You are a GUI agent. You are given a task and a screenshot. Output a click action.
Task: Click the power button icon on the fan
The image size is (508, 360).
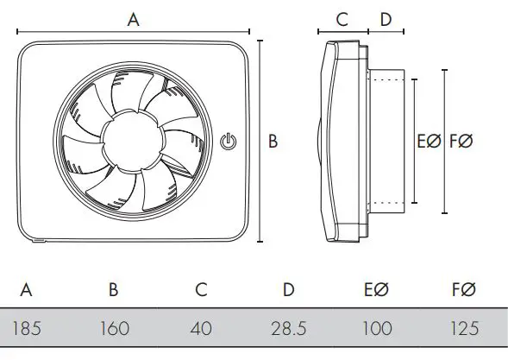pyautogui.click(x=229, y=140)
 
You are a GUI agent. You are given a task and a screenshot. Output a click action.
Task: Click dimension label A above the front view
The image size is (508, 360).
pyautogui.click(x=134, y=20)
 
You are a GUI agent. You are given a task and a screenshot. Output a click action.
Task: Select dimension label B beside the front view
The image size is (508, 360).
pyautogui.click(x=273, y=142)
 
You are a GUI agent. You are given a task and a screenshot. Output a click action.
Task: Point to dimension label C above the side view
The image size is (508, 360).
pyautogui.click(x=342, y=19)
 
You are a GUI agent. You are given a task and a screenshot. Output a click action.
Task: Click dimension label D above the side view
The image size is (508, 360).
pyautogui.click(x=386, y=19)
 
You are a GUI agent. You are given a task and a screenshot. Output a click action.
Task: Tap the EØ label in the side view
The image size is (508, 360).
pyautogui.click(x=429, y=142)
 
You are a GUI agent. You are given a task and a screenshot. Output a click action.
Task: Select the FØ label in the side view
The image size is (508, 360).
pyautogui.click(x=461, y=142)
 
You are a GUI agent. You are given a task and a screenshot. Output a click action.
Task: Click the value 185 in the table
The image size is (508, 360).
pyautogui.click(x=26, y=329)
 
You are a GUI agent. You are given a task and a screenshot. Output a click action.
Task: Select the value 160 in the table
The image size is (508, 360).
pyautogui.click(x=113, y=329)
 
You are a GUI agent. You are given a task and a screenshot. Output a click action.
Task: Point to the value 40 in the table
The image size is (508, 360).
pyautogui.click(x=201, y=329)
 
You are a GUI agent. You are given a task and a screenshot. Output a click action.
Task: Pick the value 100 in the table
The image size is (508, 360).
pyautogui.click(x=377, y=329)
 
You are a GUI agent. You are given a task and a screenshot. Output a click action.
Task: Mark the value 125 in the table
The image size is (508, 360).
pyautogui.click(x=464, y=329)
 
